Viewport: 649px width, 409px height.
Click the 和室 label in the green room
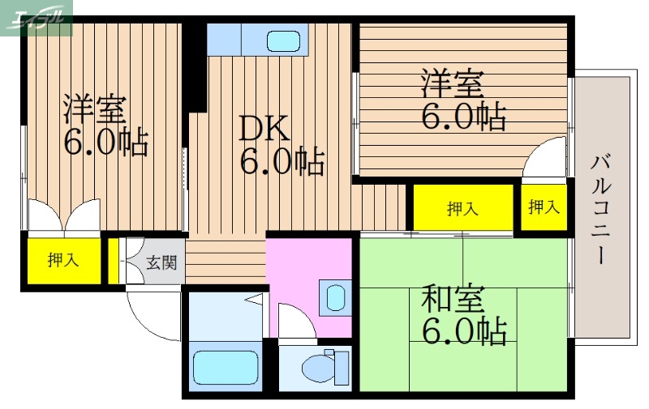click(452, 300)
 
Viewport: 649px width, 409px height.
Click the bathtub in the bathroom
click(225, 366)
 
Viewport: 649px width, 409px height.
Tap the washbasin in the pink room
click(334, 297)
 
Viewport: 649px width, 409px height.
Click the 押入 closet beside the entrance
click(62, 260)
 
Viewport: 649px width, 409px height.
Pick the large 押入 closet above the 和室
click(462, 208)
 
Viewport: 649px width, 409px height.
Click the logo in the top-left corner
click(37, 16)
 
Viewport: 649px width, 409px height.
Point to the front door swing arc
click(150, 316)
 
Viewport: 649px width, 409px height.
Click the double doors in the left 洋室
click(63, 216)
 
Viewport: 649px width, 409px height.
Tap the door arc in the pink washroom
click(296, 321)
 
